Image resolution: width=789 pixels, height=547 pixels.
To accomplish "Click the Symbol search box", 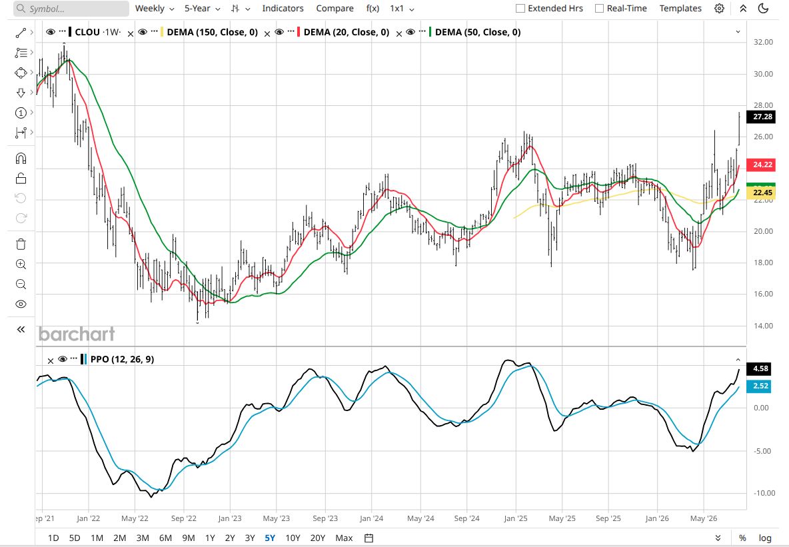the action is pos(71,9).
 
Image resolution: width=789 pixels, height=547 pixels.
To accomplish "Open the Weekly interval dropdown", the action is pos(155,9).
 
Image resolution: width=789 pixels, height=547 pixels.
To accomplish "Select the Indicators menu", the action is pos(283,9).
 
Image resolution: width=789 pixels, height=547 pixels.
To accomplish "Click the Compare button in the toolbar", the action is pos(335,9).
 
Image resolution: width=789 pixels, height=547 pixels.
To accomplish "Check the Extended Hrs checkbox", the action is pos(520,9).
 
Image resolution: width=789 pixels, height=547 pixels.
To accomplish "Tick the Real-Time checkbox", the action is pos(599,9).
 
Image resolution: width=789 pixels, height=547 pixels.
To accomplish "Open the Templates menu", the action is pos(680,9).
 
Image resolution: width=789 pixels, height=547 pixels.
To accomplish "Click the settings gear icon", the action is pos(720,9).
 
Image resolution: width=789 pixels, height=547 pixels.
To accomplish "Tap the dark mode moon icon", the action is pos(763,9).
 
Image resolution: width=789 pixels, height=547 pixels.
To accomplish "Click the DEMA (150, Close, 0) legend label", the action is pos(213,32).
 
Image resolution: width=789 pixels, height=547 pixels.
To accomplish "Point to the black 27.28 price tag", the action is pos(762,117).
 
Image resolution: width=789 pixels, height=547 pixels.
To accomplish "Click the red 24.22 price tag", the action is pos(762,165).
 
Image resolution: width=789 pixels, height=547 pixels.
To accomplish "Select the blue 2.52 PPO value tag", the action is pos(760,386).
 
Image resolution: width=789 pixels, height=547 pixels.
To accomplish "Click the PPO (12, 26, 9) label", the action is pos(122,359).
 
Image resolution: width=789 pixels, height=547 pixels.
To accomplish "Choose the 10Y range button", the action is pos(293,538).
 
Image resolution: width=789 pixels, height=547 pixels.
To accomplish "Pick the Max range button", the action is pos(344,538).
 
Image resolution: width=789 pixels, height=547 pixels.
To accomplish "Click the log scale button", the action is pos(765,538).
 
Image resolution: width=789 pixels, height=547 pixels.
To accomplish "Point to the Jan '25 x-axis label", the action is pos(516,518).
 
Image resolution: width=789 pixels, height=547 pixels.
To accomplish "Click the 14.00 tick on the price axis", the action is pos(763,326).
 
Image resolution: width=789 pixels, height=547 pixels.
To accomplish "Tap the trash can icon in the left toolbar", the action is pos(21,245).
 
